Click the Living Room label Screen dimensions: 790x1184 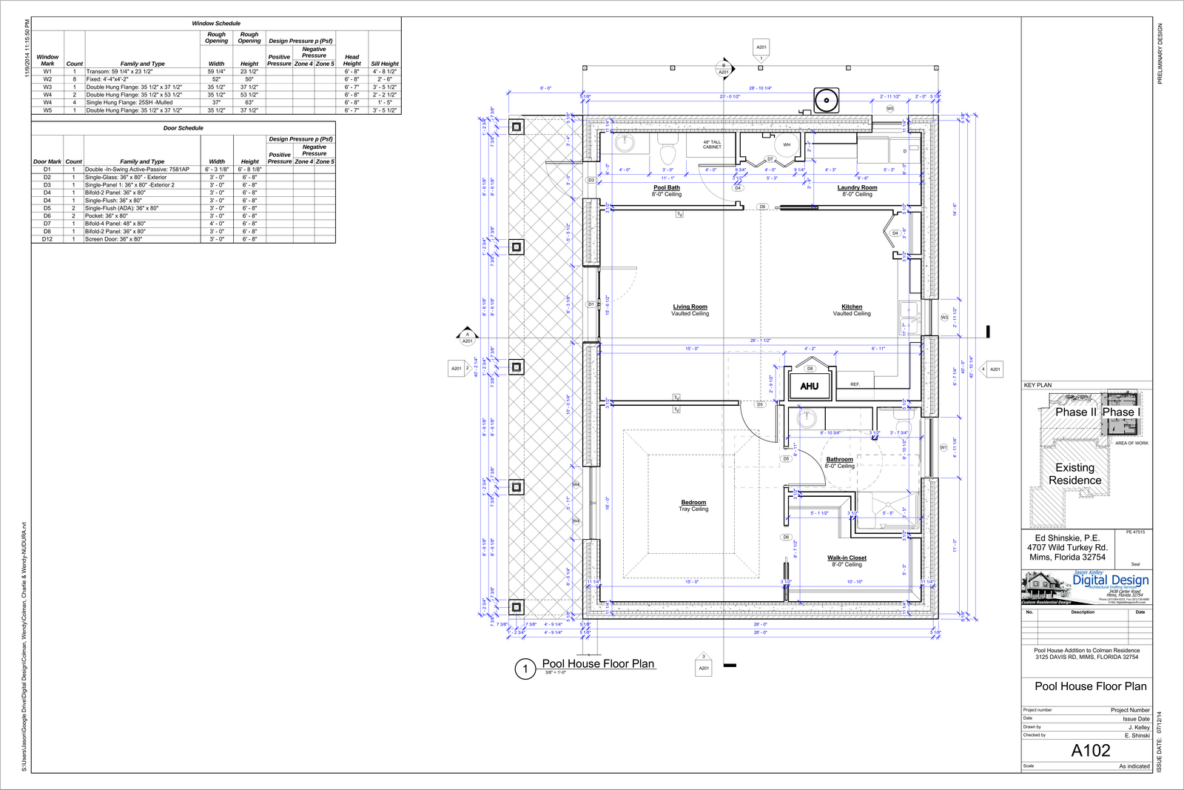[x=690, y=307]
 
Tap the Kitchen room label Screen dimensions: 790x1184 [x=852, y=307]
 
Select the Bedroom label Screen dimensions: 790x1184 [x=693, y=502]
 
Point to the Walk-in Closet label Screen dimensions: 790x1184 [x=847, y=558]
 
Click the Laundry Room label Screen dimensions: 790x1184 [x=857, y=187]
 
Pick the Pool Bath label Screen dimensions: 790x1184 [x=666, y=187]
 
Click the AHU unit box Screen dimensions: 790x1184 [x=809, y=386]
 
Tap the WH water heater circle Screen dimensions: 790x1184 [x=787, y=144]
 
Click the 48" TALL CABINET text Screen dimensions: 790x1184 [x=712, y=144]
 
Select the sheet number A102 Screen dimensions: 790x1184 [x=1091, y=750]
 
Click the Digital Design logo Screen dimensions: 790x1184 [x=1110, y=580]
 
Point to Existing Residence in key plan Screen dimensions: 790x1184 [x=1074, y=474]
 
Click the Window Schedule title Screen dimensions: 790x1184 [x=216, y=24]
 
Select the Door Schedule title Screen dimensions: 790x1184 [x=183, y=128]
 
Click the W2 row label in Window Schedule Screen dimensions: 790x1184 [x=47, y=79]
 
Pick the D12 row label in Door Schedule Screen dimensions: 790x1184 [x=47, y=239]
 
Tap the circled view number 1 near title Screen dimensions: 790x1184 [x=525, y=669]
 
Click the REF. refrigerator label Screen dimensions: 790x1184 [x=855, y=384]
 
